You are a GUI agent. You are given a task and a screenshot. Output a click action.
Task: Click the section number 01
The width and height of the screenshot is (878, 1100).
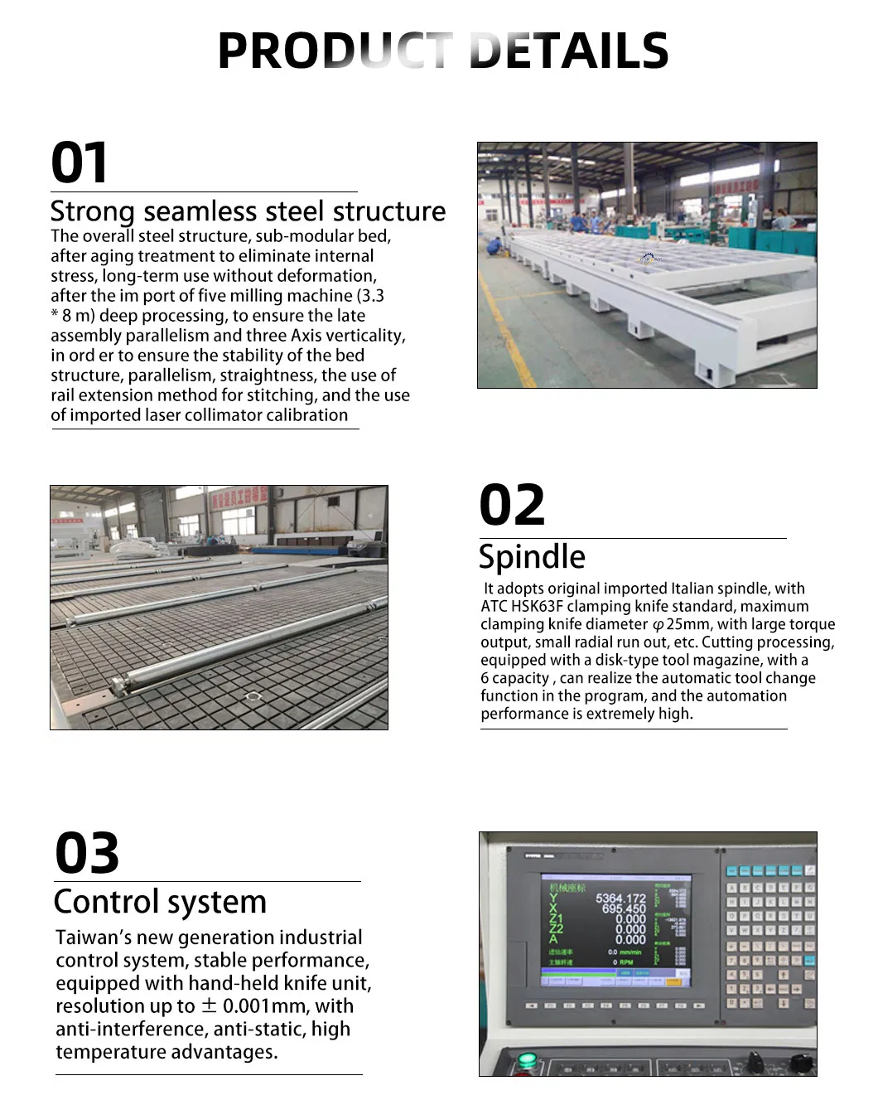(x=80, y=162)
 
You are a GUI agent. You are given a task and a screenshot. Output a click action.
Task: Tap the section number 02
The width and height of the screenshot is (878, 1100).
(x=512, y=506)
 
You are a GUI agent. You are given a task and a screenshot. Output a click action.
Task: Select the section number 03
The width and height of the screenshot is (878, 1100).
(x=87, y=853)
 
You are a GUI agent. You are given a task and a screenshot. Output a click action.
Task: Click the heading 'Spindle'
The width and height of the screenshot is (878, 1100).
(x=532, y=557)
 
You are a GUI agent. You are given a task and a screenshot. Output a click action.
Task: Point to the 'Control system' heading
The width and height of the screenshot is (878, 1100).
(x=160, y=902)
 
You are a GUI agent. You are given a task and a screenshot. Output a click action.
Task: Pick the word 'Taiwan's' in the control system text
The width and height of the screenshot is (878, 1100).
(x=90, y=938)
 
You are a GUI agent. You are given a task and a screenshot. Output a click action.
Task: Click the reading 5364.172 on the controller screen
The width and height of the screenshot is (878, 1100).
(x=620, y=899)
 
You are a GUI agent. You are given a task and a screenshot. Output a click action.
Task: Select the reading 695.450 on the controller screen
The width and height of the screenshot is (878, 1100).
(x=624, y=909)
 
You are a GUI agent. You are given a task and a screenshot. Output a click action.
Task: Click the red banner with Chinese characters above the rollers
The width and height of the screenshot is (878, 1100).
(x=239, y=495)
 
